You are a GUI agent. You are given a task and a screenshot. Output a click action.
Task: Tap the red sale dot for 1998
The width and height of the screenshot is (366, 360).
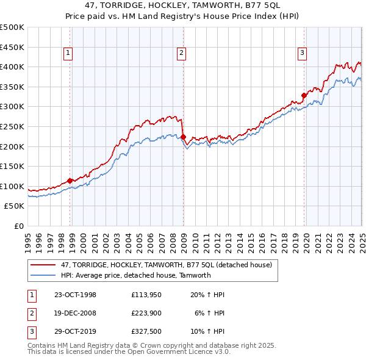70,181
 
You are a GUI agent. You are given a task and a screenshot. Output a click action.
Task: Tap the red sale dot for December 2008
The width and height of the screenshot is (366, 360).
184,137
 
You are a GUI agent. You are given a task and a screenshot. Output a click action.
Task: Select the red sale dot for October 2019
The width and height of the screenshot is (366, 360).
304,95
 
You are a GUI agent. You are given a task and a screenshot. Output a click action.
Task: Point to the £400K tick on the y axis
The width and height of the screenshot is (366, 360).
12,67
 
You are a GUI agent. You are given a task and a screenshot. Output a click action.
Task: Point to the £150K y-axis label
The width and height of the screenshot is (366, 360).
12,166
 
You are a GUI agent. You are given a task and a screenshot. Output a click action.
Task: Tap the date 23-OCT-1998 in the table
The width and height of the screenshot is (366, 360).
75,295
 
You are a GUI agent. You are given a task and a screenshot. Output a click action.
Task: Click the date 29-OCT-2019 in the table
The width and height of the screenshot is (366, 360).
75,333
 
